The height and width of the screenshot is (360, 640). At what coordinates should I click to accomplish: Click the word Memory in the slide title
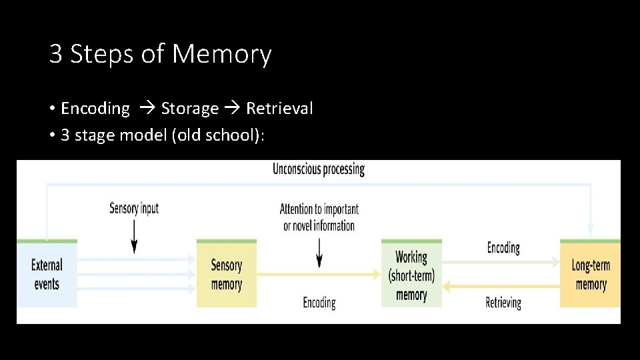click(222, 55)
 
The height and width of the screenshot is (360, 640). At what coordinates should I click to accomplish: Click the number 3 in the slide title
click(56, 55)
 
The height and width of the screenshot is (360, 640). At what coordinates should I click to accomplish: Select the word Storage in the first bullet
click(190, 109)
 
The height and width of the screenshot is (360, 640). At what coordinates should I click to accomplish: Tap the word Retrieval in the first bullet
click(279, 109)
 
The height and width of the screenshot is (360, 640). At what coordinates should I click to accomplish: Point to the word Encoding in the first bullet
click(95, 109)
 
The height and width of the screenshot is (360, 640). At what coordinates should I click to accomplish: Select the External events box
click(47, 274)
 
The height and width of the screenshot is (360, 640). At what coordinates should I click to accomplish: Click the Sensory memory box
click(226, 275)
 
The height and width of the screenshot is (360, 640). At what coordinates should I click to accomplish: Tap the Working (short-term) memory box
click(411, 275)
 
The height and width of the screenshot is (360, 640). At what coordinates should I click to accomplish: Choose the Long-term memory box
click(591, 275)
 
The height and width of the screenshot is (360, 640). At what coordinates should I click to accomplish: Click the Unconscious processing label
click(319, 169)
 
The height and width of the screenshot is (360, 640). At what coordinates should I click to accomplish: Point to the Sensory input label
click(134, 208)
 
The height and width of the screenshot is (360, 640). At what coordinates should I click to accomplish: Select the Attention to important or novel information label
click(319, 217)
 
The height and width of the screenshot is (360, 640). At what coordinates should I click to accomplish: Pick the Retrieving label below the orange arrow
click(503, 303)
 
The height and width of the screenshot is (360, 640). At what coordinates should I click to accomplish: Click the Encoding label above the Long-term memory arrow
click(503, 248)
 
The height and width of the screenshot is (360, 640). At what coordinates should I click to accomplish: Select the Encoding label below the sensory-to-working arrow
click(319, 303)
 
